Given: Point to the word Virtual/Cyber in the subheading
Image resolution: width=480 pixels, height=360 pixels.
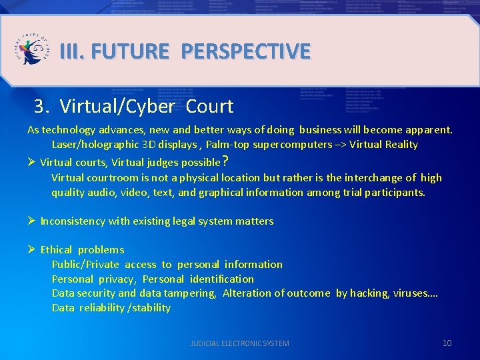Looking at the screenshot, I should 117,106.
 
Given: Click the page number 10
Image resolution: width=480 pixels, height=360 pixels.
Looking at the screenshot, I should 447,343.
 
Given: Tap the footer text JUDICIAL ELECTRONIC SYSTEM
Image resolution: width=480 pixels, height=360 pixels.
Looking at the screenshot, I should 240,343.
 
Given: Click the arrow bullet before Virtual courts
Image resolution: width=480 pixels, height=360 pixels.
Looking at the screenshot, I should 31,161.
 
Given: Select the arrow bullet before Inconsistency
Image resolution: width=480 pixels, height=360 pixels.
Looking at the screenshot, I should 31,221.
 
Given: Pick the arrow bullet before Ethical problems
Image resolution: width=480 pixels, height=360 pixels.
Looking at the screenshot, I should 31,249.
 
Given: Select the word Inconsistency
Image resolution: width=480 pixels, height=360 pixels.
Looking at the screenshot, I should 74,221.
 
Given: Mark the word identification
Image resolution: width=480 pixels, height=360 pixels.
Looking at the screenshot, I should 222,279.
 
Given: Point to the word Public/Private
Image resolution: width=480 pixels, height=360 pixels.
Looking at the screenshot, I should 85,265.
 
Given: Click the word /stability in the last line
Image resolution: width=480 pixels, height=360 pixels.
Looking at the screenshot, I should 149,308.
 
